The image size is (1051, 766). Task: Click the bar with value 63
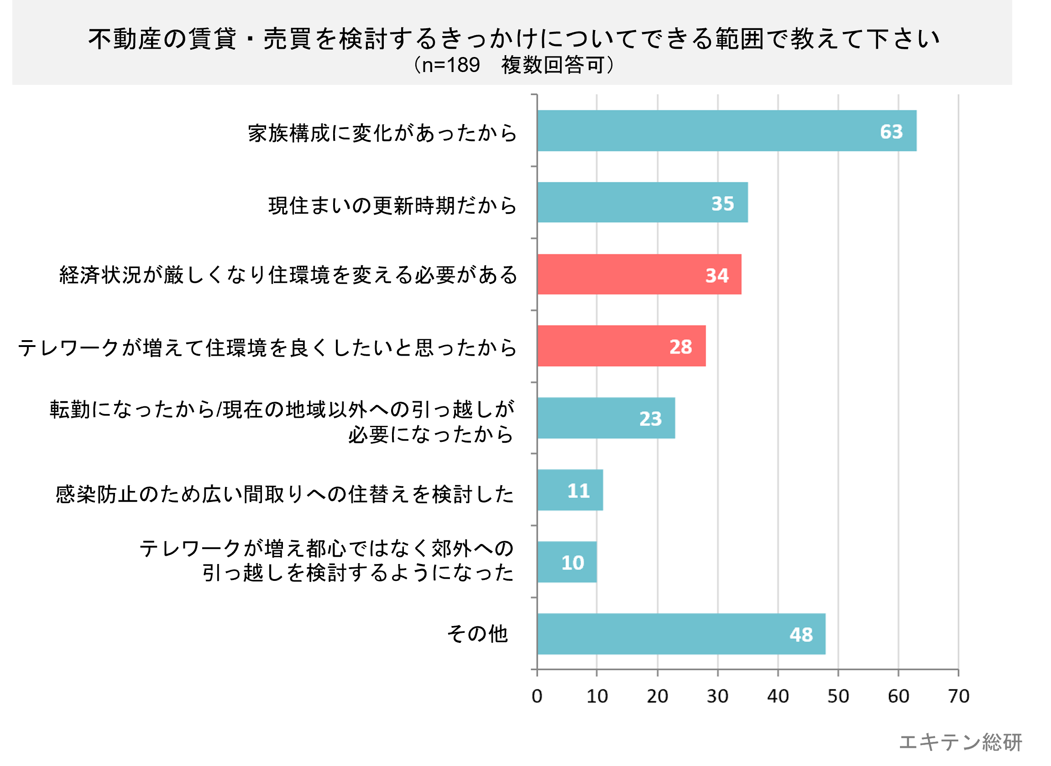[726, 131]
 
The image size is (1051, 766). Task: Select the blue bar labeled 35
[642, 202]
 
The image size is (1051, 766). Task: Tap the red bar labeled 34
[639, 274]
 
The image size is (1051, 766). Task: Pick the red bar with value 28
[621, 346]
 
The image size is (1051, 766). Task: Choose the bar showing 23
[606, 418]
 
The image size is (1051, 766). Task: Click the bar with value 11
[570, 490]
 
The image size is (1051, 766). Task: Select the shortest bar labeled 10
[566, 562]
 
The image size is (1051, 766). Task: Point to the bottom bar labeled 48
[681, 634]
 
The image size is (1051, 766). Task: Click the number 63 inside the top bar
[891, 132]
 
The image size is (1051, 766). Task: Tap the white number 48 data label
[801, 635]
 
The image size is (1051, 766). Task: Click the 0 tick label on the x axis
[537, 696]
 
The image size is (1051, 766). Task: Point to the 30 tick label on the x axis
[717, 696]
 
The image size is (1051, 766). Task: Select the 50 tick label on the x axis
[838, 696]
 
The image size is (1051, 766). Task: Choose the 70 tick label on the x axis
[959, 696]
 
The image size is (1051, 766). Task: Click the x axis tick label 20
[657, 696]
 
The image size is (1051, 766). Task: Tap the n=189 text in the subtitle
[450, 65]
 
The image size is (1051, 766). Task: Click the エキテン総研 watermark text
[961, 742]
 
